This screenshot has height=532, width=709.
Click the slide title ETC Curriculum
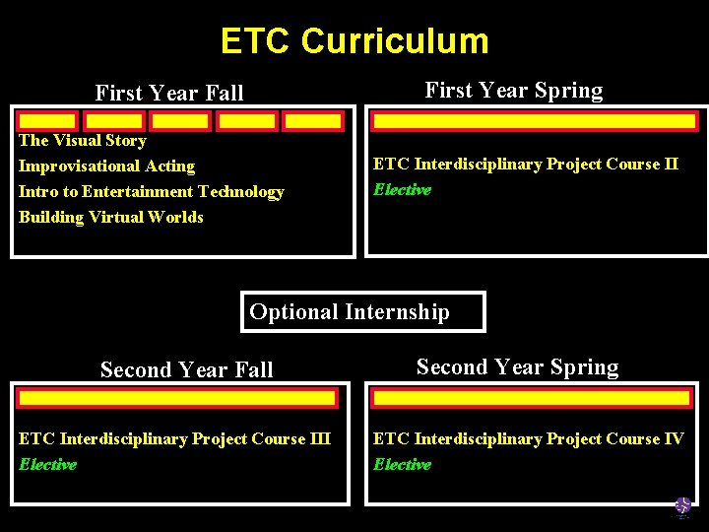[x=354, y=41]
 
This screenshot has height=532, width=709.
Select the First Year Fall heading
[x=169, y=94]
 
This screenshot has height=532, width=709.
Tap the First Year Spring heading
[x=513, y=91]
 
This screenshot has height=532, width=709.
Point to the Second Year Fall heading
[x=187, y=370]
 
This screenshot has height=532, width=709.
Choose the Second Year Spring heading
[x=517, y=367]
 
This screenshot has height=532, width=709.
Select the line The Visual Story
[x=83, y=141]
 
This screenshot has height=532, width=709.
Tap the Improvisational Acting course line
[x=106, y=166]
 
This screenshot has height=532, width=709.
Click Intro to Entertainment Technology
[x=152, y=192]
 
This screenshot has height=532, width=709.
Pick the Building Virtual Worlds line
[x=111, y=217]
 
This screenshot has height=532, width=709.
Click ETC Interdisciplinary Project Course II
[x=526, y=165]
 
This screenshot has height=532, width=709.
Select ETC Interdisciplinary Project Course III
[x=175, y=439]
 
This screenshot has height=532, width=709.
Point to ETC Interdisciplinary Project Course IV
[x=529, y=439]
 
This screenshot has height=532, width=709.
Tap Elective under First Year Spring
[x=402, y=190]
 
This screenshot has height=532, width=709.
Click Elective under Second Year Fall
[x=47, y=465]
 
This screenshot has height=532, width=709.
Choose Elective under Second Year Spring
[x=402, y=465]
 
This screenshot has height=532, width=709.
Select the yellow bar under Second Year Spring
[x=532, y=398]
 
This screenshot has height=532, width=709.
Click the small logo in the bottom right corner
[x=682, y=507]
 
